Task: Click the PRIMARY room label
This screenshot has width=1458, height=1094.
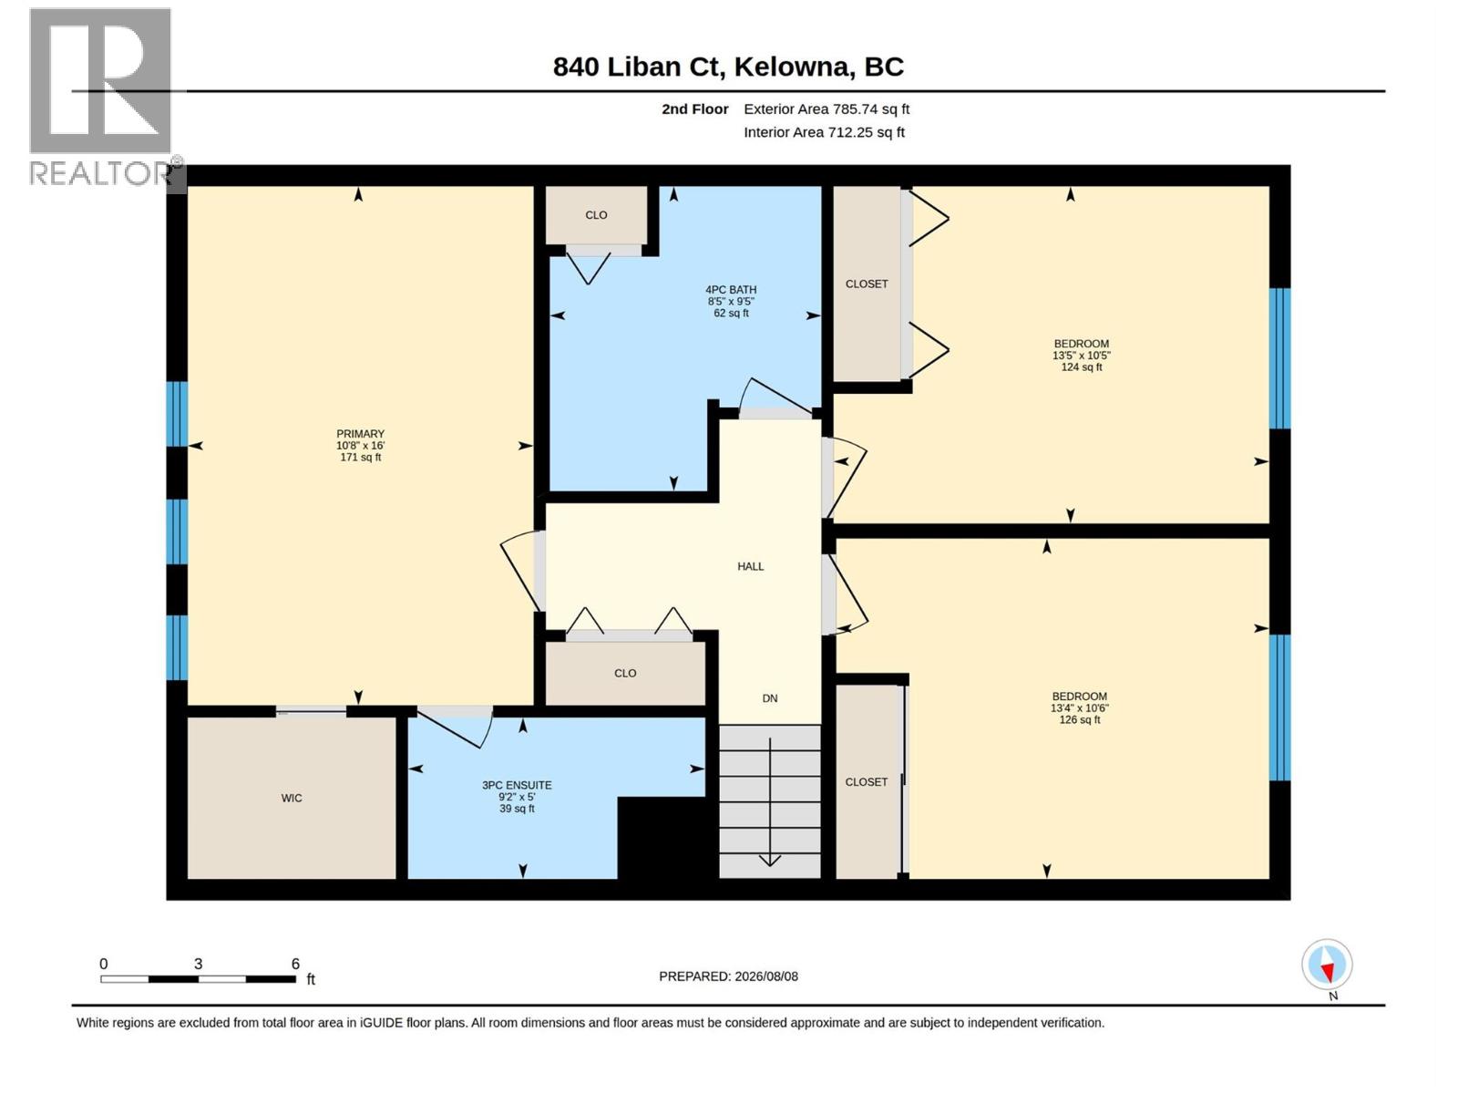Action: [x=360, y=433]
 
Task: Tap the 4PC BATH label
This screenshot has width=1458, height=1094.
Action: [x=731, y=290]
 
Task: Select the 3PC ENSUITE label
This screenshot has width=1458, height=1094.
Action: [x=517, y=785]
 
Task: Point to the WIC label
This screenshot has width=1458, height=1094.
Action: [x=292, y=798]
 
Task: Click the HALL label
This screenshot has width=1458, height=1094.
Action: [x=751, y=566]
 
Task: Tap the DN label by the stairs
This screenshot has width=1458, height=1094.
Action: [x=770, y=698]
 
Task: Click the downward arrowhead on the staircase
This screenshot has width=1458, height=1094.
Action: [x=770, y=861]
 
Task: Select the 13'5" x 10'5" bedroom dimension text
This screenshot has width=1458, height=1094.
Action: [x=1082, y=356]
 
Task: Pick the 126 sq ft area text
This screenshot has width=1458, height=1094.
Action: [x=1080, y=719]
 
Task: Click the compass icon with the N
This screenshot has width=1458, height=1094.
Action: [x=1327, y=965]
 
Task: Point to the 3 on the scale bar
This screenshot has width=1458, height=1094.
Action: [x=198, y=964]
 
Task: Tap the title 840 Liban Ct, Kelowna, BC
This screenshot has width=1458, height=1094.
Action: [x=728, y=67]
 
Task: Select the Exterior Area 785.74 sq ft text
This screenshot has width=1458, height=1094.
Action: [x=827, y=108]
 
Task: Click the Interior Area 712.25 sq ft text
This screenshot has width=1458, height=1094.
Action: [x=824, y=132]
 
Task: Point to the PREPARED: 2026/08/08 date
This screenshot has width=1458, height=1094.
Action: [x=728, y=976]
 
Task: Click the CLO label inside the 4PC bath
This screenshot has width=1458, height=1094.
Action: [x=596, y=215]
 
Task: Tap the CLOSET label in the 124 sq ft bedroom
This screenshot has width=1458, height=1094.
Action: [x=867, y=284]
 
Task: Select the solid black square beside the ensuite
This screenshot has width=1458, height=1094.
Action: [x=662, y=838]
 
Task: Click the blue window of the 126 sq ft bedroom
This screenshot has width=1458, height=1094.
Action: [x=1279, y=707]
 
